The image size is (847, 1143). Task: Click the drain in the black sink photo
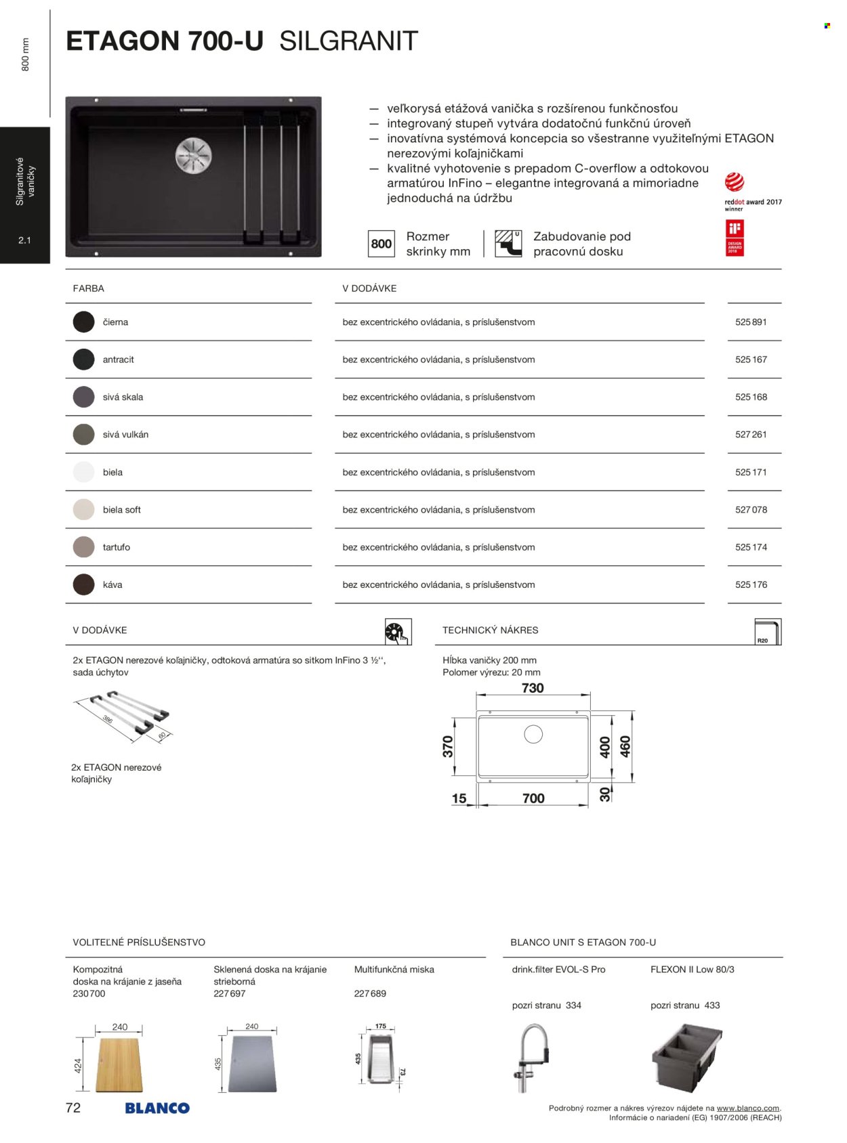pos(194,154)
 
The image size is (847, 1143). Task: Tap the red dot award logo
pos(735,182)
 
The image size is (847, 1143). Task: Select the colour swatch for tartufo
pos(84,547)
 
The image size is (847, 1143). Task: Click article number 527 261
pos(751,435)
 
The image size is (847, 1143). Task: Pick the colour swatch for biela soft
pos(84,510)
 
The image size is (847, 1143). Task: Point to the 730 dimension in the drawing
pos(533,688)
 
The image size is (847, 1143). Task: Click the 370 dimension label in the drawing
pos(448,746)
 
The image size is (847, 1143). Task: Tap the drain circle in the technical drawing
pos(533,734)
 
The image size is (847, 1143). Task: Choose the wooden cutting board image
pos(120,1064)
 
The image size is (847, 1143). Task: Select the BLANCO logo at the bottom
pos(157,1108)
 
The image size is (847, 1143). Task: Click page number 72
pos(73,1108)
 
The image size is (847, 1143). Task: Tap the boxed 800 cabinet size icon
pos(381,244)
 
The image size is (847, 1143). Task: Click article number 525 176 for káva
pos(751,585)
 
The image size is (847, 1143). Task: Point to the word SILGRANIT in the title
pos(348,41)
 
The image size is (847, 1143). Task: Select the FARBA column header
pos(89,288)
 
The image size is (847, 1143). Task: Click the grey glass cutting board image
pos(252,1063)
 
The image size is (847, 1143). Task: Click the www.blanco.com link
pos(747,1108)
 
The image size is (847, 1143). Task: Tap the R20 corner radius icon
pos(768,632)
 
